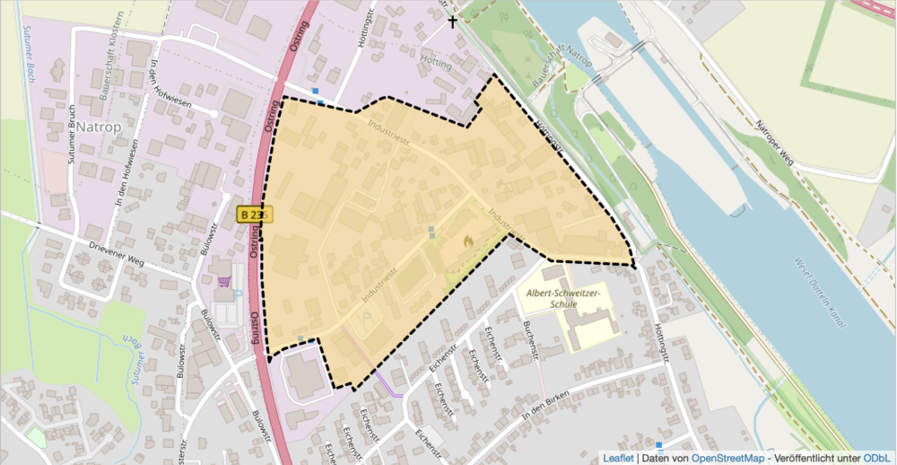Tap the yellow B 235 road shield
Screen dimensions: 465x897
point(253,215)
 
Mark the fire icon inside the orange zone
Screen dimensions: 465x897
point(467,241)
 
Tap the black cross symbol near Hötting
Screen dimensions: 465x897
point(452,20)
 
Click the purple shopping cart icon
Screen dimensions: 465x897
point(223,283)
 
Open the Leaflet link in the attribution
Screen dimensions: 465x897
point(618,457)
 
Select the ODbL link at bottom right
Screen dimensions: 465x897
point(877,457)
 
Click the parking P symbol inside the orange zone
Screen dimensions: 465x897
point(364,316)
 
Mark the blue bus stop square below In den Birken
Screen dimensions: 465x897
point(659,445)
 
